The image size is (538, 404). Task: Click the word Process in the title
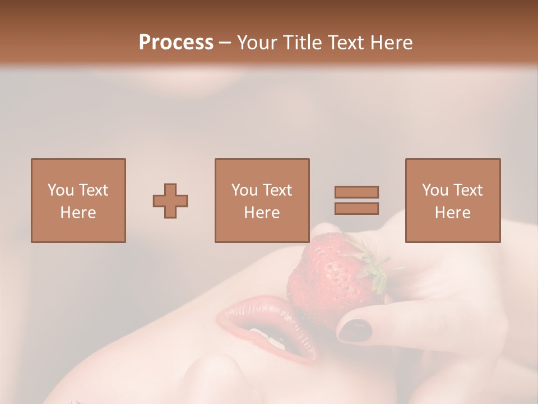(x=176, y=43)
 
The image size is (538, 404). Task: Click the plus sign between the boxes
(x=170, y=201)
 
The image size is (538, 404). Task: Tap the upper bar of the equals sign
(x=356, y=192)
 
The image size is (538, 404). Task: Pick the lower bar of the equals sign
(x=356, y=208)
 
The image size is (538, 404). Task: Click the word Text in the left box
(x=93, y=190)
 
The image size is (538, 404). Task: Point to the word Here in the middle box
(x=262, y=213)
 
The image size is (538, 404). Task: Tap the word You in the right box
(x=434, y=190)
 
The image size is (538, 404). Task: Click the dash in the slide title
(x=225, y=43)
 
